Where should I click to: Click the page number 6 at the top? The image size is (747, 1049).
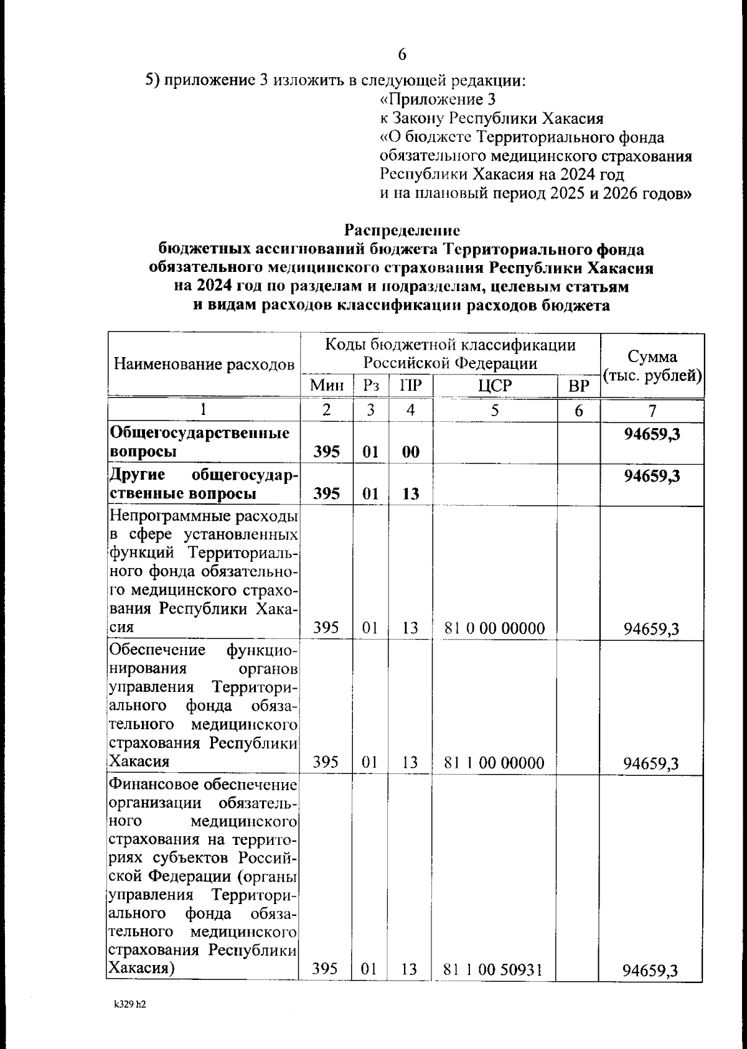[x=402, y=55]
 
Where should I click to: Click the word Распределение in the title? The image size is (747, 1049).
[x=402, y=230]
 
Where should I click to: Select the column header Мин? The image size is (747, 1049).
[x=327, y=386]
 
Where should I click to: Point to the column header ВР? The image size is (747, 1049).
[x=579, y=387]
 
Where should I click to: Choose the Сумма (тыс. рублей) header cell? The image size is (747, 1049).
[x=652, y=366]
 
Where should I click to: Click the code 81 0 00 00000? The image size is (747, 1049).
[x=494, y=628]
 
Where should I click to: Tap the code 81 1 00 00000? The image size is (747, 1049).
[x=494, y=763]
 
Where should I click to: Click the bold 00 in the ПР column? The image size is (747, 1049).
[x=410, y=452]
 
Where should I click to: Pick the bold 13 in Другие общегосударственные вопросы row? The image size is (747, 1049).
[x=410, y=494]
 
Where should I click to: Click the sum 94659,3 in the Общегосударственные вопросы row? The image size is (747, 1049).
[x=652, y=434]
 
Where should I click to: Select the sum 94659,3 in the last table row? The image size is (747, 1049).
[x=651, y=971]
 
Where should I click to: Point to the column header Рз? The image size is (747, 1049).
[x=371, y=386]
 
